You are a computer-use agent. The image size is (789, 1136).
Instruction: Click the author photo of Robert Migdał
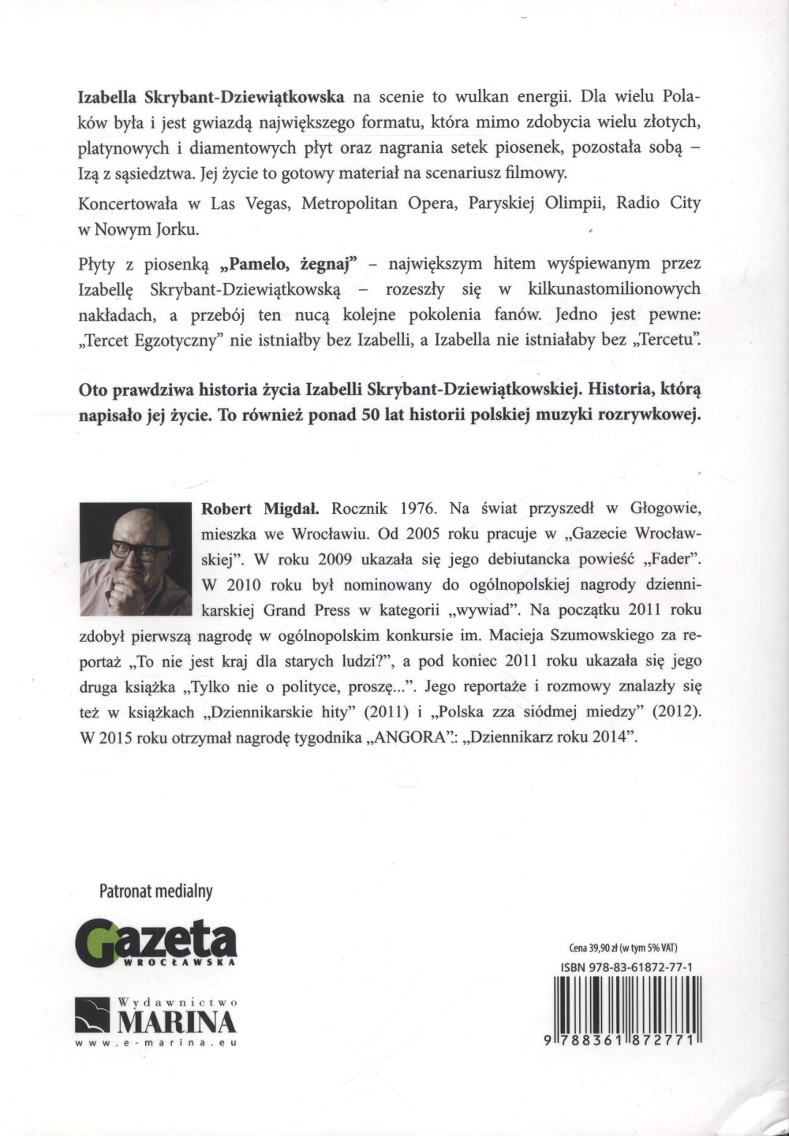coord(136,559)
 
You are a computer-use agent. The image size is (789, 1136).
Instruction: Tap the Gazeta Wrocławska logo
coord(156,943)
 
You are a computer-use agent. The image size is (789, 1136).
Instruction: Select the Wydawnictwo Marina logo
coord(156,1016)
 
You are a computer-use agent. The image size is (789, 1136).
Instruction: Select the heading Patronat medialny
coord(156,892)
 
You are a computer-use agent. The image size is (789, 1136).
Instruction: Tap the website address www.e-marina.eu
coord(156,1042)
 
